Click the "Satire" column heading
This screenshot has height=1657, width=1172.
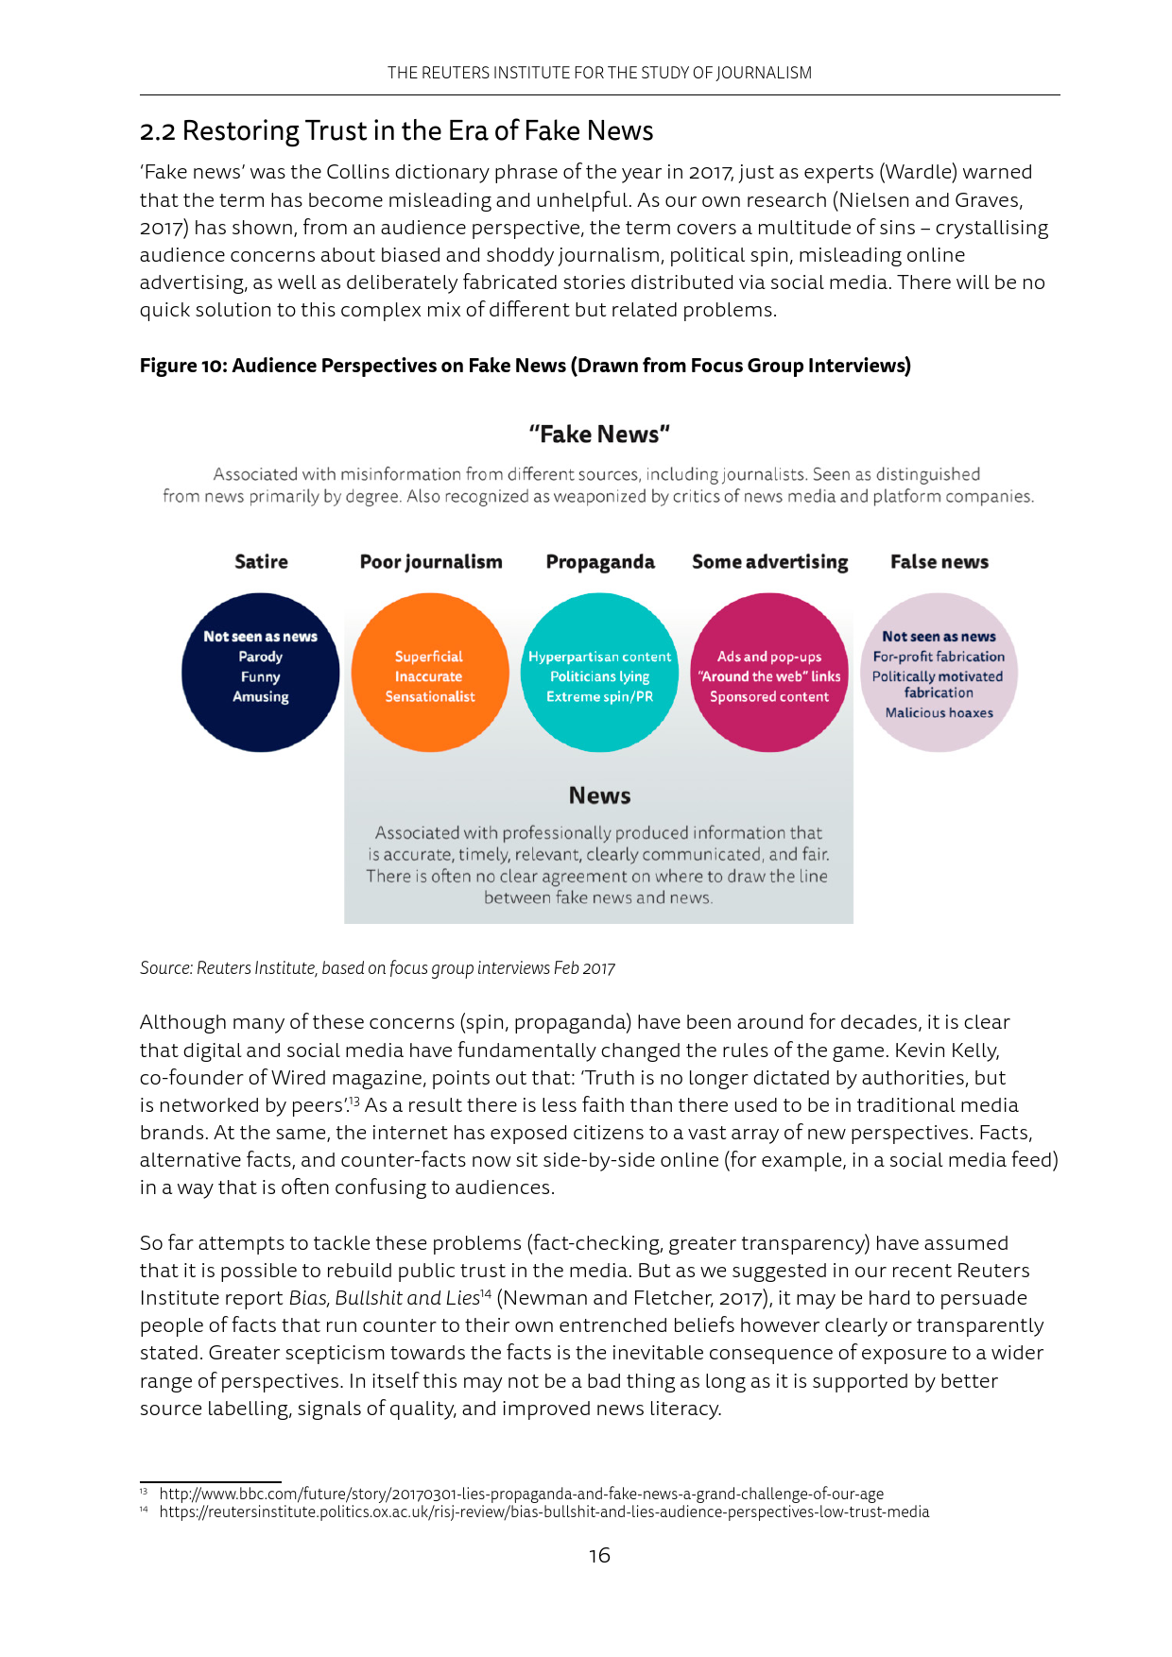pos(261,562)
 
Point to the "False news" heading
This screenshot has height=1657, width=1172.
pos(939,562)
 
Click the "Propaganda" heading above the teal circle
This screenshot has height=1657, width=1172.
pos(600,562)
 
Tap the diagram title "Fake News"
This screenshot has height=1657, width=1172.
pos(599,435)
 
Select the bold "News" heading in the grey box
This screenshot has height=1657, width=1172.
pos(599,795)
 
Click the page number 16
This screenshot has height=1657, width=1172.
pos(599,1555)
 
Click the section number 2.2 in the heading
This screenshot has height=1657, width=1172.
pos(158,131)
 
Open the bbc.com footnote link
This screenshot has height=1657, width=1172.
pos(521,1494)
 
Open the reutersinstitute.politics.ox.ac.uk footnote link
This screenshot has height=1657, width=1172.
pos(543,1512)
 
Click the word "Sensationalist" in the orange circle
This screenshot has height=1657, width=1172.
pos(430,697)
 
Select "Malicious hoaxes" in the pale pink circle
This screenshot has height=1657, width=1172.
pos(939,713)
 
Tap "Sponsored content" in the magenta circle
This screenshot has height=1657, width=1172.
pos(769,697)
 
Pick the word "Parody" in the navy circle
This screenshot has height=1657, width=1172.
pos(261,657)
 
